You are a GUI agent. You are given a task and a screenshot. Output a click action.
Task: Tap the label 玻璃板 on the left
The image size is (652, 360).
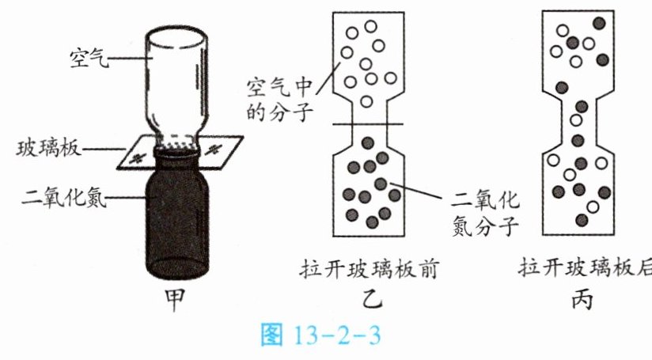pyautogui.click(x=46, y=149)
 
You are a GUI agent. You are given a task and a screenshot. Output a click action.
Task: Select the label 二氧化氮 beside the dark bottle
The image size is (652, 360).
pyautogui.click(x=57, y=195)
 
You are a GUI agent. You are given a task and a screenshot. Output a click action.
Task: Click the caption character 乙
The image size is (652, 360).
pyautogui.click(x=371, y=301)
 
